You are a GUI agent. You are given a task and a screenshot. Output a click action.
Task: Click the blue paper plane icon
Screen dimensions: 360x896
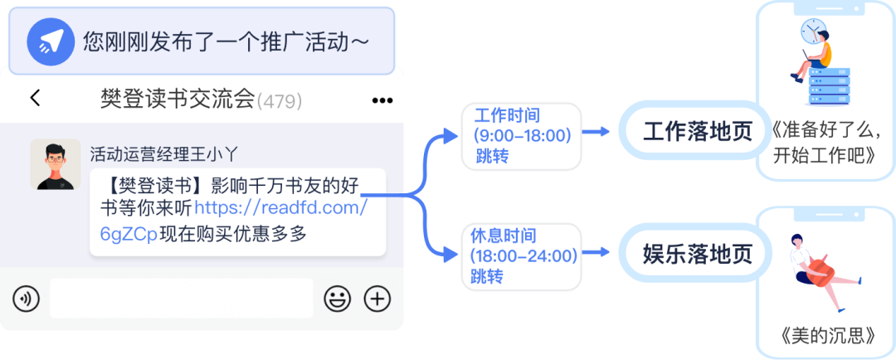49,42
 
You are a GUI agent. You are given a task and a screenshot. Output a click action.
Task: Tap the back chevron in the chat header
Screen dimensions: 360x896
35,98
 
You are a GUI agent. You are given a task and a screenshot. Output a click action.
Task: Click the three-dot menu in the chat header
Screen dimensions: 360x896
382,100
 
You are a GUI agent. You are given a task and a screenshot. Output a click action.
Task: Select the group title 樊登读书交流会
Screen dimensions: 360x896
176,100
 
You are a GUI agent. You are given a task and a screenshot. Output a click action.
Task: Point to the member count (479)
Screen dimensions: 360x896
280,101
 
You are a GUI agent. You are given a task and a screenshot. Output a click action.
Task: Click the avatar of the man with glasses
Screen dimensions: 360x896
55,164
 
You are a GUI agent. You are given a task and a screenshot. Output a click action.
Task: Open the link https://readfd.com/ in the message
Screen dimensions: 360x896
280,208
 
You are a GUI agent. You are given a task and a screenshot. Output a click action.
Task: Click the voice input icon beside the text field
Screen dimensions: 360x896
26,299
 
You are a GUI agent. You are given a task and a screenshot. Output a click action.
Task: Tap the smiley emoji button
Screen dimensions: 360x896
337,299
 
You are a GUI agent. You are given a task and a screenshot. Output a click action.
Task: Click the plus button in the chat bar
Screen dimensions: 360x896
377,299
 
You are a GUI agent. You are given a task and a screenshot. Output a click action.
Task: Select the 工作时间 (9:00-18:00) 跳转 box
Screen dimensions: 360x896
521,134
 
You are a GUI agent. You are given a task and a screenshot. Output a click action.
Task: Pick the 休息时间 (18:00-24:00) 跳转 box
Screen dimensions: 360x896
521,255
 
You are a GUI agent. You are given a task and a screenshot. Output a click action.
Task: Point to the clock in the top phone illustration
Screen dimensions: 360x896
812,32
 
